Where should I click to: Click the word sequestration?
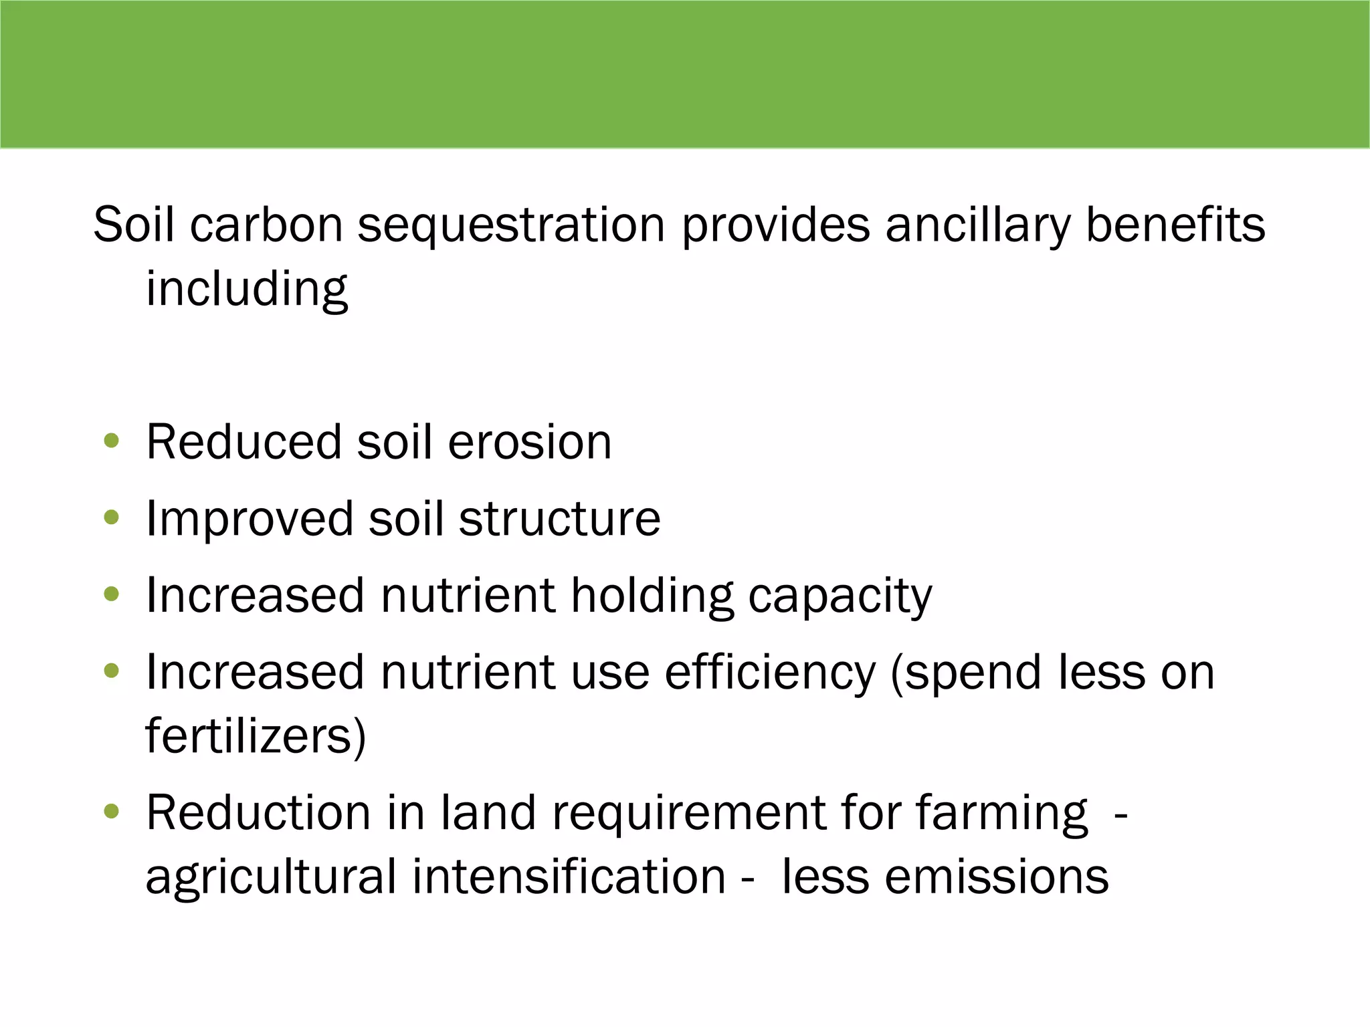click(511, 225)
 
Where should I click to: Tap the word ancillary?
click(977, 225)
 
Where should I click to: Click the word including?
click(247, 290)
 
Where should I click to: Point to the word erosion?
click(529, 443)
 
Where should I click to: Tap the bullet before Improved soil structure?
click(112, 518)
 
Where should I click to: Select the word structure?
click(559, 519)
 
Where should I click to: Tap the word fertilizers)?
click(256, 736)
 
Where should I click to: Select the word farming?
click(1001, 814)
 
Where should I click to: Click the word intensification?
click(569, 877)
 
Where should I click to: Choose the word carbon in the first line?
click(266, 225)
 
